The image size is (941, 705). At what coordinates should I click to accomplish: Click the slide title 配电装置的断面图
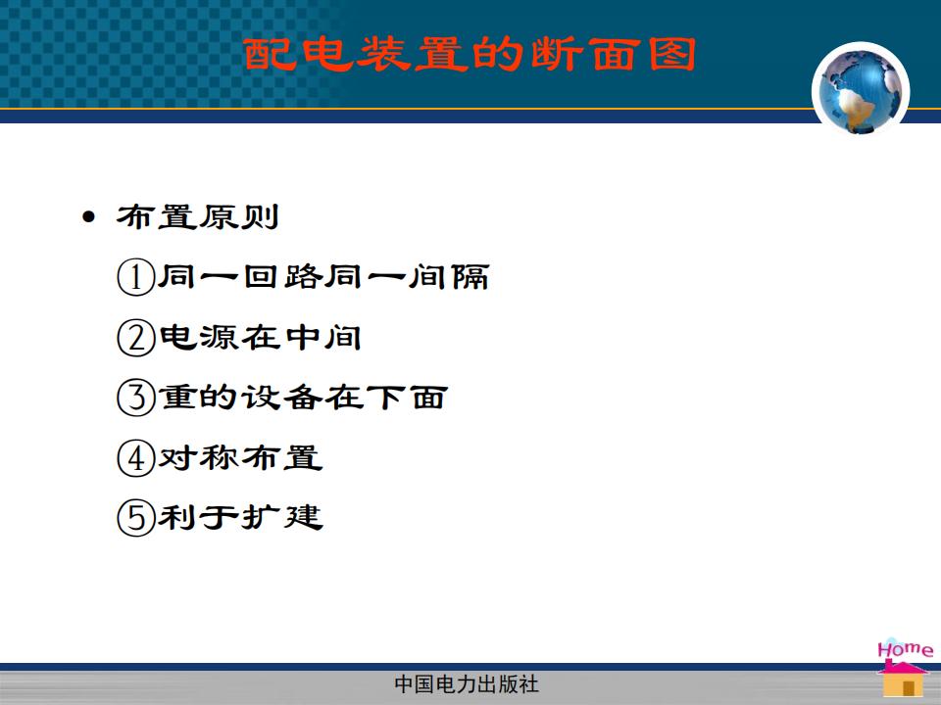470,55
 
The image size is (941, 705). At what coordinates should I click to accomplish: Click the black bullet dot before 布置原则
89,217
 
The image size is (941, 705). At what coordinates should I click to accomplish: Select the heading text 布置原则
197,217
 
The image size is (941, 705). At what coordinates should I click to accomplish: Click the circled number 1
135,277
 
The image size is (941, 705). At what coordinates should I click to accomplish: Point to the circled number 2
135,338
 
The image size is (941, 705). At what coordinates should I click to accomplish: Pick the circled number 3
135,398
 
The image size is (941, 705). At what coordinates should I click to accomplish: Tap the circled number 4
135,458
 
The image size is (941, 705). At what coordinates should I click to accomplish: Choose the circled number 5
135,518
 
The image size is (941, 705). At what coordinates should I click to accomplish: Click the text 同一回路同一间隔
323,277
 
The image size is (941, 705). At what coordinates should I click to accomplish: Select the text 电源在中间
260,338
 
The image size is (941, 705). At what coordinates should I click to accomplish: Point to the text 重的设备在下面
303,398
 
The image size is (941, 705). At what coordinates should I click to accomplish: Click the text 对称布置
240,458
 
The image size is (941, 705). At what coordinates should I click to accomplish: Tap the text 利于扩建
240,518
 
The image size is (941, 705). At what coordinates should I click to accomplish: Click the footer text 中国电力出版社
467,684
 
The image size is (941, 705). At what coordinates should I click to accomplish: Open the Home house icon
903,678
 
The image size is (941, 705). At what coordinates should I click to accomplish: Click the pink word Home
905,649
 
